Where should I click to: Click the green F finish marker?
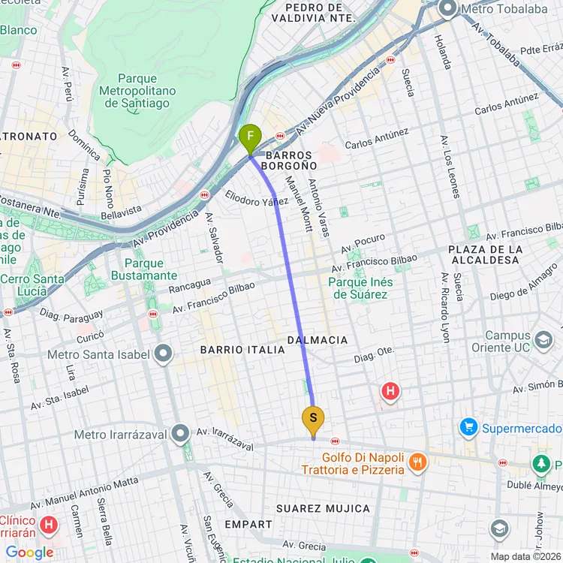[249, 137]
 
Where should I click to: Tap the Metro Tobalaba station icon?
[448, 9]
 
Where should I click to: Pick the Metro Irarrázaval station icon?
[180, 433]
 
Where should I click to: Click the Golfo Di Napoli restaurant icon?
[419, 462]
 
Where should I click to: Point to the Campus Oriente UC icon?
[543, 342]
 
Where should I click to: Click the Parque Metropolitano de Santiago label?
[138, 91]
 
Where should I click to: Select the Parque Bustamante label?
[144, 269]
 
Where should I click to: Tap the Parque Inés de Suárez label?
[360, 288]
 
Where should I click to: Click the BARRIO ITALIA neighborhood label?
[232, 350]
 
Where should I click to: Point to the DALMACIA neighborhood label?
[318, 340]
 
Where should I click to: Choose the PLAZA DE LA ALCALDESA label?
[484, 254]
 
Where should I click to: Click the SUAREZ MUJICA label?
[323, 508]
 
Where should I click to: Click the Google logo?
[29, 553]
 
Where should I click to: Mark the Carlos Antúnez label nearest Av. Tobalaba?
[506, 104]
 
